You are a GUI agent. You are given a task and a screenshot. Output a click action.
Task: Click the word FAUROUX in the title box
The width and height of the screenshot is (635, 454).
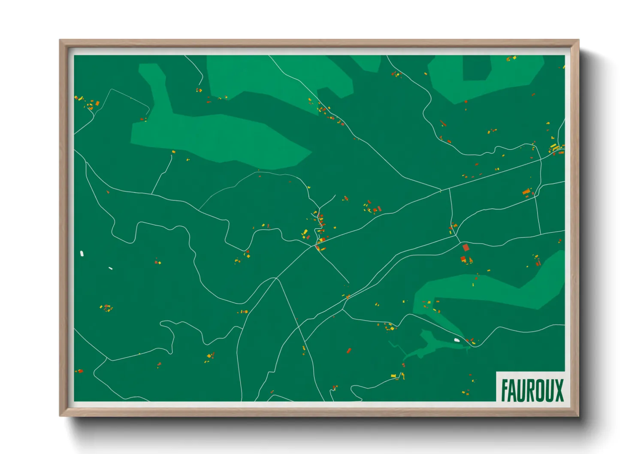[x=532, y=390]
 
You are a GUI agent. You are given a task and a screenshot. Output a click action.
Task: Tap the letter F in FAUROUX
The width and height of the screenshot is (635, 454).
[x=505, y=390]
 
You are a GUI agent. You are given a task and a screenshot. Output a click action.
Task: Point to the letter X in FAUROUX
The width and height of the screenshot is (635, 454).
[x=559, y=390]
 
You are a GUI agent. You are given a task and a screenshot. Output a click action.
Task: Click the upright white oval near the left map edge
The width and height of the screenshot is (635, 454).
[x=82, y=254]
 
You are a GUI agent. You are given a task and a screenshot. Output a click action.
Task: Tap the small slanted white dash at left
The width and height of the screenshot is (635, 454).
[x=111, y=268]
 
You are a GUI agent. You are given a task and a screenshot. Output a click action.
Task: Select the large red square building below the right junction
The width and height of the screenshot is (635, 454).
[x=466, y=248]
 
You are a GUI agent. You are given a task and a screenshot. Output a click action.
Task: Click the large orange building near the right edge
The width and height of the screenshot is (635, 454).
[x=526, y=191]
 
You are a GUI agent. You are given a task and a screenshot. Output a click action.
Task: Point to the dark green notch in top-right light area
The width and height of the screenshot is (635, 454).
[x=476, y=68]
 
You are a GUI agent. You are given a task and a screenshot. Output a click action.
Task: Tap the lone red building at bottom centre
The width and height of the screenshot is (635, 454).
[x=349, y=351]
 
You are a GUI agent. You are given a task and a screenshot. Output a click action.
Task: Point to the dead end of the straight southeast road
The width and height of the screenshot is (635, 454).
[x=348, y=283]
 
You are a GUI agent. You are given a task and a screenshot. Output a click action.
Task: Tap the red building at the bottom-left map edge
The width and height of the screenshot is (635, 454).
[x=80, y=371]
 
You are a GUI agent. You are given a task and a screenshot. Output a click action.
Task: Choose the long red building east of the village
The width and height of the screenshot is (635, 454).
[x=379, y=209]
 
